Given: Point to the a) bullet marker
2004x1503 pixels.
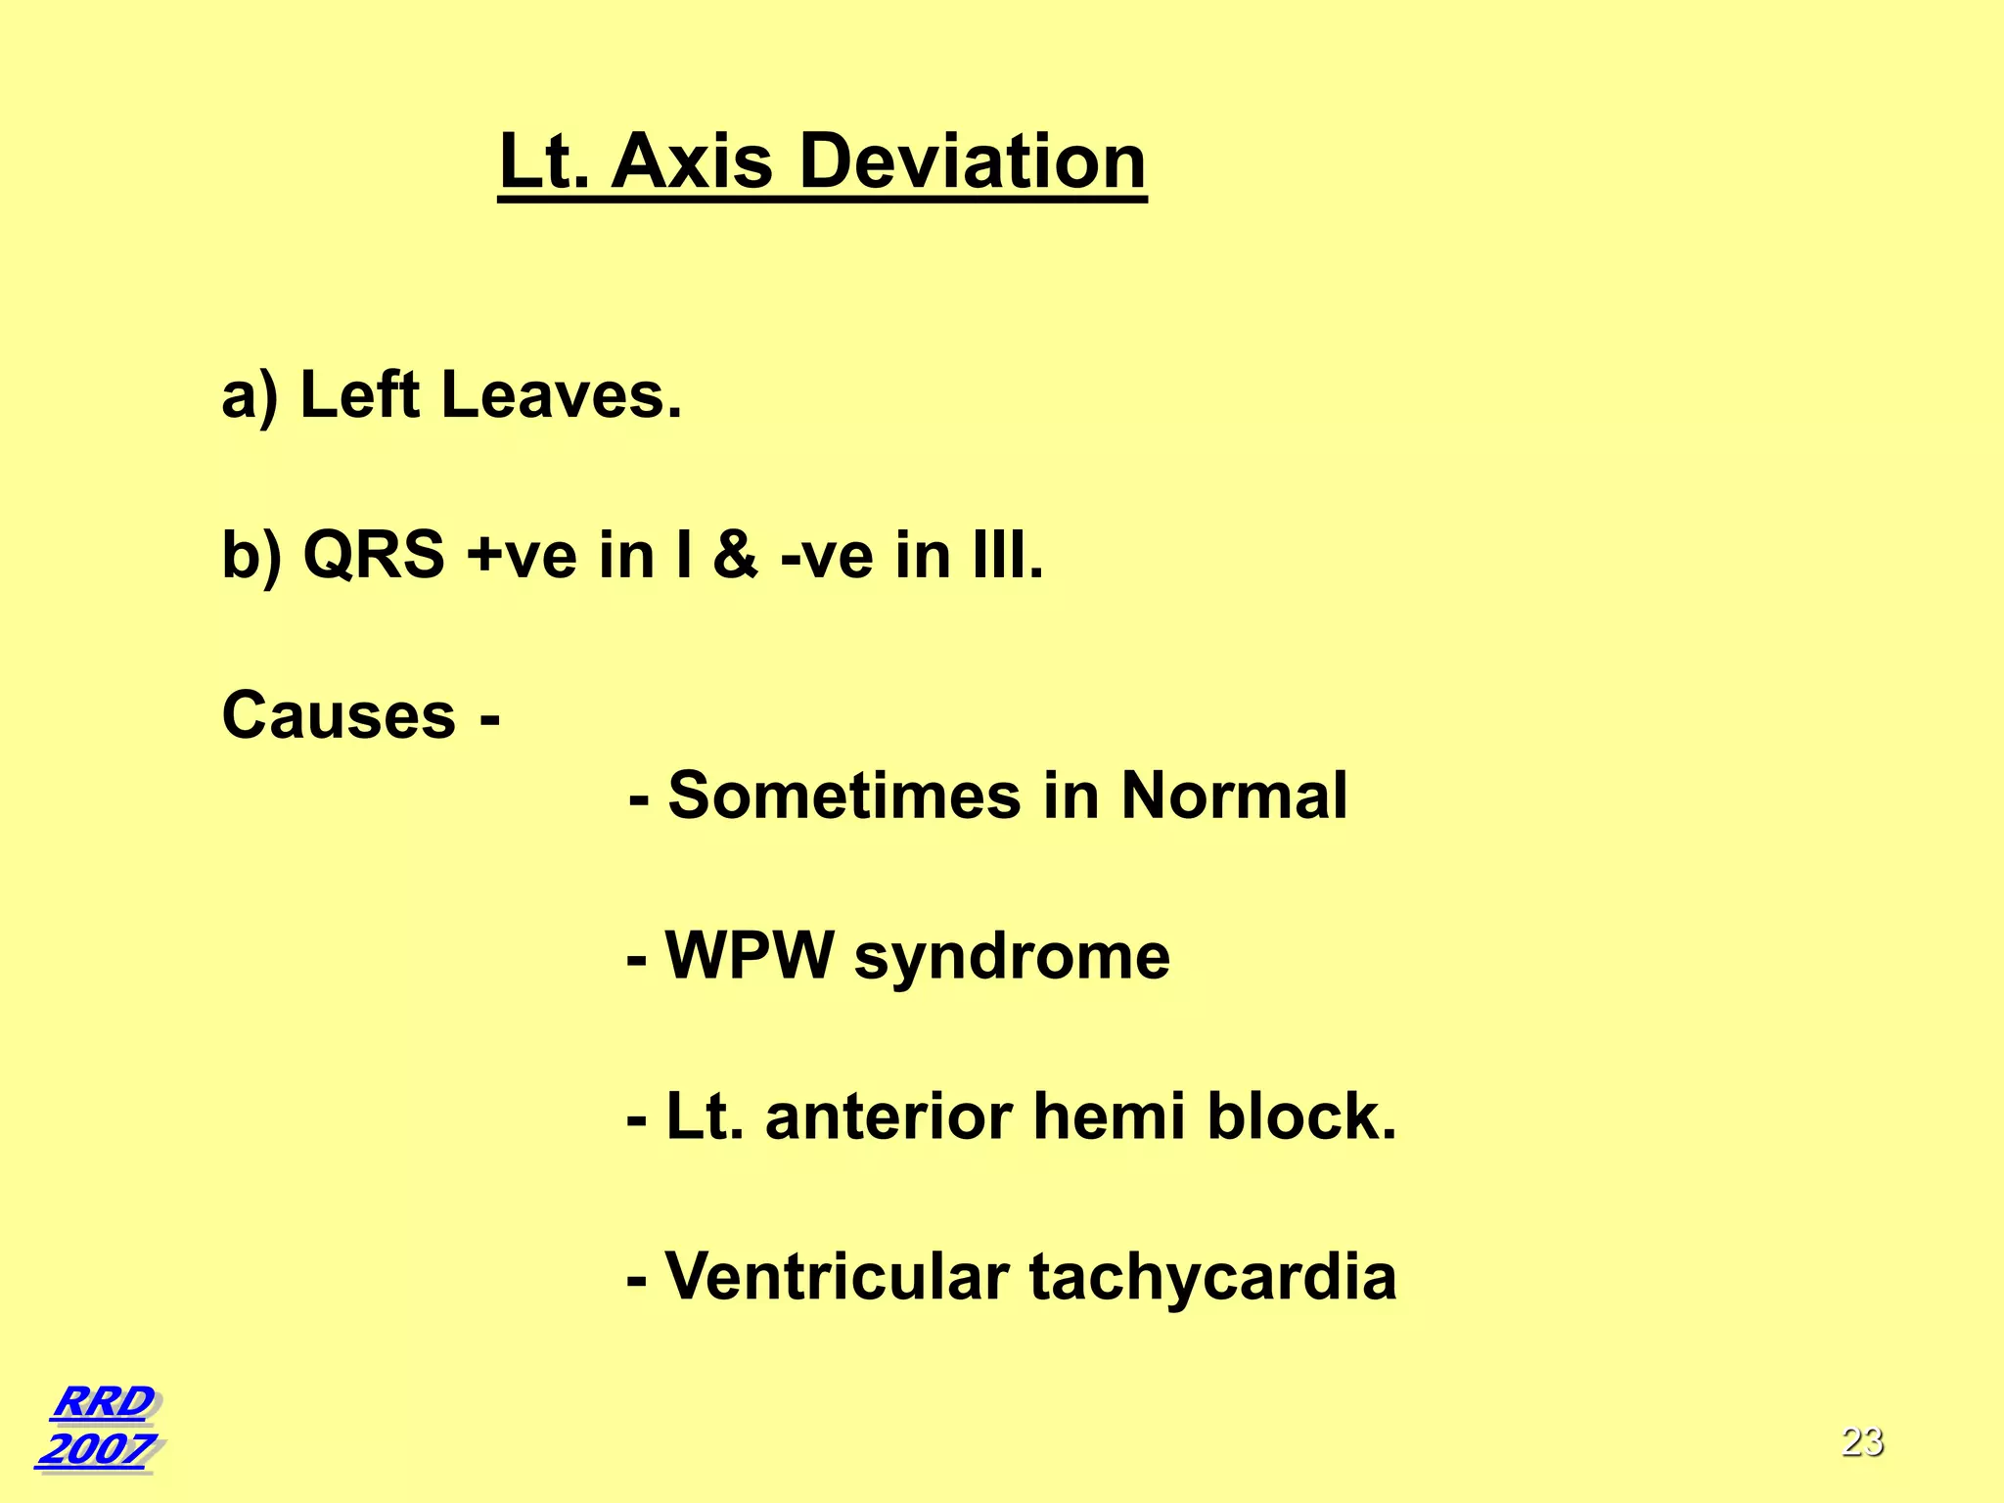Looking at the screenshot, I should coord(250,396).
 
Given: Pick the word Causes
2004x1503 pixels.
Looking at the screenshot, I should coord(339,715).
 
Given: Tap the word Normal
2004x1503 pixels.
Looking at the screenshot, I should coord(1234,796).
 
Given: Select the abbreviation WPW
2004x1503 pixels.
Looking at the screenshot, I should coord(750,955).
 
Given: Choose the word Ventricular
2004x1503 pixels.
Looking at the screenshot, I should coord(838,1277).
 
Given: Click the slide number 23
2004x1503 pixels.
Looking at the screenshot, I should coord(1862,1441).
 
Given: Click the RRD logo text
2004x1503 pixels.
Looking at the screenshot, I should coord(103,1401).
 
